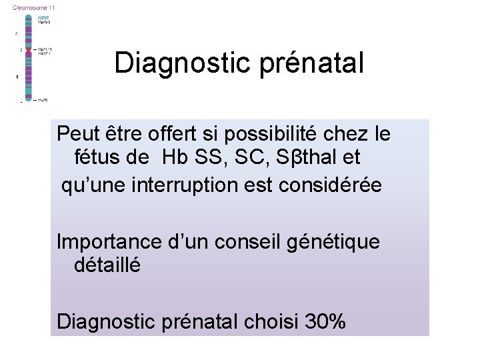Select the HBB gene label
click(x=43, y=17)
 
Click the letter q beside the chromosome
click(x=17, y=77)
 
